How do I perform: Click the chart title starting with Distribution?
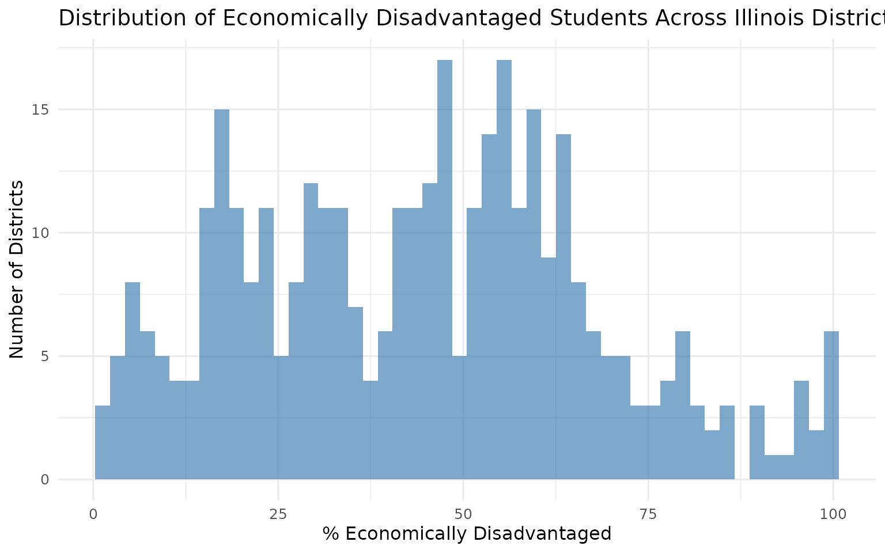tap(471, 18)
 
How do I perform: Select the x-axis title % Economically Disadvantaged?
tap(467, 534)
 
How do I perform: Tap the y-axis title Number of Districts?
tap(17, 269)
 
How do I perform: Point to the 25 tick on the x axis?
tap(278, 514)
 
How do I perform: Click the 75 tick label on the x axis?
tap(648, 514)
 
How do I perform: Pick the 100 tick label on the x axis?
tap(833, 514)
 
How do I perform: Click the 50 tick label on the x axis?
tap(463, 514)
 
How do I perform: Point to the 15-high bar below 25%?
tap(222, 294)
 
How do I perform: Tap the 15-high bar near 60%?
tap(534, 294)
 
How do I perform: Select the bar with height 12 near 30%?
tap(311, 331)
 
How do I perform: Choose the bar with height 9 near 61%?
tap(549, 369)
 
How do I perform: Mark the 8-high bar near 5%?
tap(133, 381)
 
